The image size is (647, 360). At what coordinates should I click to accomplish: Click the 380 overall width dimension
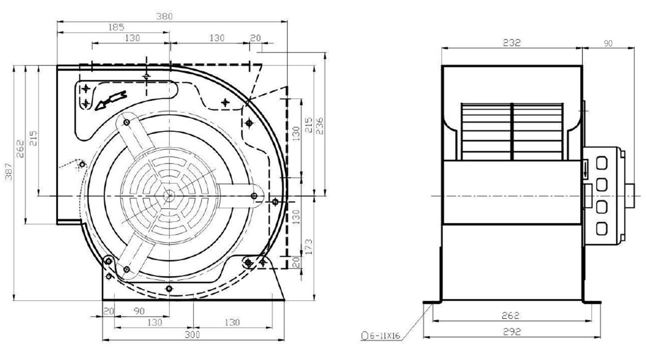pyautogui.click(x=164, y=16)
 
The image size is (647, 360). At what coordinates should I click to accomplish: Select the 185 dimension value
pyautogui.click(x=116, y=27)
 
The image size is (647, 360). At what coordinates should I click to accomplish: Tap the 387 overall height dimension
pyautogui.click(x=9, y=171)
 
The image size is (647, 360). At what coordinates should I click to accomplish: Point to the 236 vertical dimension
pyautogui.click(x=319, y=126)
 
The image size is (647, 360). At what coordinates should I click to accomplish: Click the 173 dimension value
pyautogui.click(x=308, y=247)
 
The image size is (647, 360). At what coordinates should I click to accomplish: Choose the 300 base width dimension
pyautogui.click(x=192, y=335)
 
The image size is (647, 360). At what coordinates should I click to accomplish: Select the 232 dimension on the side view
pyautogui.click(x=512, y=43)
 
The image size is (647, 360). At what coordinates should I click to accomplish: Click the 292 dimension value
pyautogui.click(x=512, y=332)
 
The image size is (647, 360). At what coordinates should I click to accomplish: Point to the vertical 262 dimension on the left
pyautogui.click(x=20, y=149)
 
